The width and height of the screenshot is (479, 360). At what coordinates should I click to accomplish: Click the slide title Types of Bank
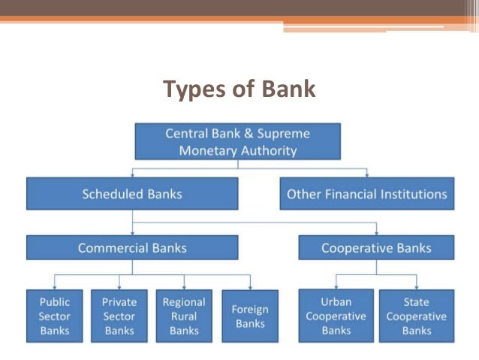click(239, 89)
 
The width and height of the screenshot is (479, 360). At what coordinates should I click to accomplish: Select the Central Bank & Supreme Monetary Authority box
click(237, 141)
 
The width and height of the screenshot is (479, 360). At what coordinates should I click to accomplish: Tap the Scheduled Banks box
click(132, 193)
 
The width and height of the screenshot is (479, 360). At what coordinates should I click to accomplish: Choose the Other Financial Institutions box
click(366, 194)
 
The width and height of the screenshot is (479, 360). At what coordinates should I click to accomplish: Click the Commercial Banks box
click(132, 247)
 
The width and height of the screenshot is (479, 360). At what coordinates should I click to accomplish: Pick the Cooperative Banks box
click(376, 247)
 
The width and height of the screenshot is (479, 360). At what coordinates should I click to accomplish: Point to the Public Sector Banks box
click(55, 316)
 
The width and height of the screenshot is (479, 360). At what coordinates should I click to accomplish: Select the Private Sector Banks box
click(119, 316)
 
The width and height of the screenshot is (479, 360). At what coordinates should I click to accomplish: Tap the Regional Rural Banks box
click(184, 316)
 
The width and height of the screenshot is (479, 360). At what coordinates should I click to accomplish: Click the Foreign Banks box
click(250, 316)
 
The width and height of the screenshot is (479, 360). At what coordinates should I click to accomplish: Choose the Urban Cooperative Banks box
click(336, 316)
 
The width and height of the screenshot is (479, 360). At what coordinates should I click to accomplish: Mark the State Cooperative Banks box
click(416, 316)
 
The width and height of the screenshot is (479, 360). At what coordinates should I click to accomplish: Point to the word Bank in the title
click(288, 89)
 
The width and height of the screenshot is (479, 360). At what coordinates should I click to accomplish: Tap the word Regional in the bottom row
click(184, 302)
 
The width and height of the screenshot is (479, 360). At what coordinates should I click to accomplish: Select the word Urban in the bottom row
click(336, 302)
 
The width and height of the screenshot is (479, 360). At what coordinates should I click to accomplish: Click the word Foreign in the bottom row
click(250, 310)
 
